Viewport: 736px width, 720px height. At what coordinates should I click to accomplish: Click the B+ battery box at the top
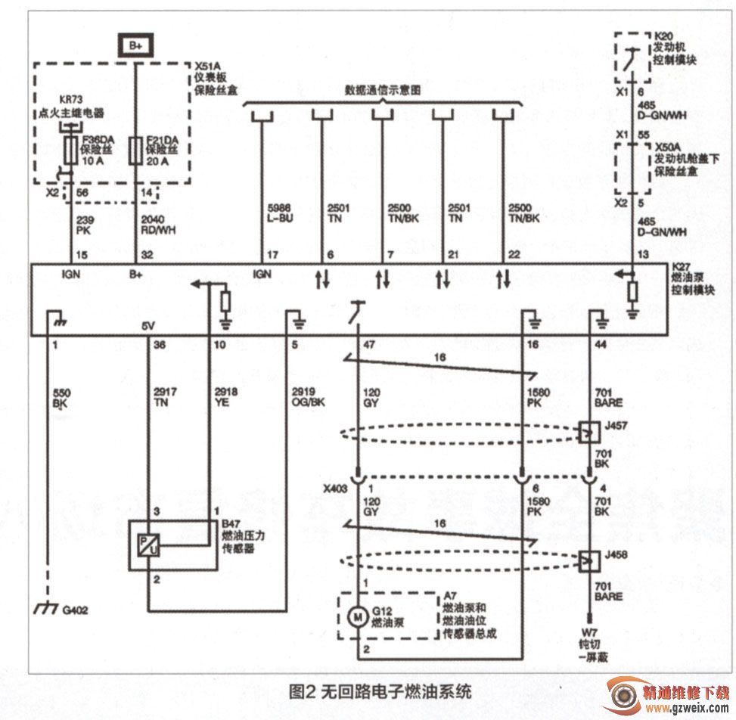tap(135, 45)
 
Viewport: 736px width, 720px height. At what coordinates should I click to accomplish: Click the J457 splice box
tap(587, 433)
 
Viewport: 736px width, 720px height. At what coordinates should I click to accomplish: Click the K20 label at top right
tap(663, 36)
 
